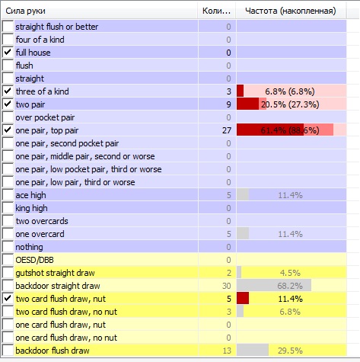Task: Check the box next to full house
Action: click(x=8, y=53)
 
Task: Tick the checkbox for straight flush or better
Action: click(x=8, y=27)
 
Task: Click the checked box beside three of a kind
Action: click(x=8, y=91)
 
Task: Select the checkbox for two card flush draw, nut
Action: click(x=8, y=299)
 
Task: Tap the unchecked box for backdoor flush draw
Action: click(x=8, y=351)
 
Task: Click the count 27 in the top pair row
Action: click(x=227, y=130)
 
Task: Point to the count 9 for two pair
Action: click(x=228, y=104)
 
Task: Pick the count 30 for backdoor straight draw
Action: click(x=227, y=286)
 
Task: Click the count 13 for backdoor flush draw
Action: click(x=227, y=351)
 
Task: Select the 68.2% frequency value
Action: click(x=290, y=286)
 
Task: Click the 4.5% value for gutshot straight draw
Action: click(x=290, y=273)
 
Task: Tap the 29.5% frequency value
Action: click(x=290, y=351)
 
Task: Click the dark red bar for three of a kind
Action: click(x=240, y=91)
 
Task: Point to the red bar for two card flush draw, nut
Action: click(x=243, y=299)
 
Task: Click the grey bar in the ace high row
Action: click(x=243, y=195)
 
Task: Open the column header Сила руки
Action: click(x=25, y=11)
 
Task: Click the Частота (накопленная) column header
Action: click(x=291, y=11)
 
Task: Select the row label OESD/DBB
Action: click(x=34, y=260)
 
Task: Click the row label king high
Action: click(x=31, y=208)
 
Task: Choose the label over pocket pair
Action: click(x=45, y=117)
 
